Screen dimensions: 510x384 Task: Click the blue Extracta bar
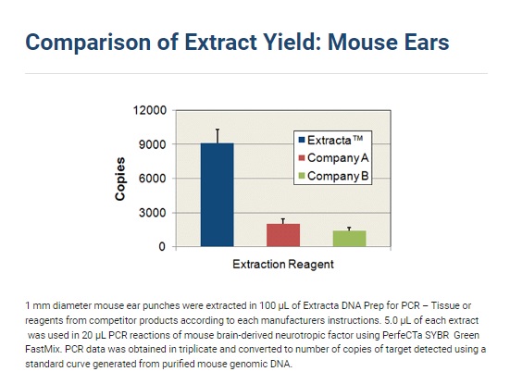[x=217, y=194]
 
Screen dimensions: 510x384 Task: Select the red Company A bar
[x=283, y=235]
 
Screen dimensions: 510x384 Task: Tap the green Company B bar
[x=349, y=239]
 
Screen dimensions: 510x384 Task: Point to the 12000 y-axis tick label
[x=150, y=110]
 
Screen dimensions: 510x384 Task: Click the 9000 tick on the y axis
[x=153, y=144]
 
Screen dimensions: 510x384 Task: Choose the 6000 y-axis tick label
[x=153, y=179]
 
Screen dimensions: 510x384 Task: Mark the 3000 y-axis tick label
[x=153, y=213]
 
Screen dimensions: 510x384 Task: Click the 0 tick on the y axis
[x=162, y=247]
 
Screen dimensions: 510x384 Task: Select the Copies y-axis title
[x=120, y=179]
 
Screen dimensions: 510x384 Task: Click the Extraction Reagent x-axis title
[x=283, y=264]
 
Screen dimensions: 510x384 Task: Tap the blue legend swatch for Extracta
[x=302, y=140]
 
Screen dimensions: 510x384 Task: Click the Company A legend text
[x=338, y=158]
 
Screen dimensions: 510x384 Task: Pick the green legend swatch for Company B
[x=302, y=176]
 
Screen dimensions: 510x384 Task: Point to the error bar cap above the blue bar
[x=218, y=130]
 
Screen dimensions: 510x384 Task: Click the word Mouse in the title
[x=358, y=43]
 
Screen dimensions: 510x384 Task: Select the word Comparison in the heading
[x=88, y=43]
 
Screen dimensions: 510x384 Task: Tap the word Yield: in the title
[x=292, y=43]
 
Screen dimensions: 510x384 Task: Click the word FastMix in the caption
[x=43, y=350]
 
